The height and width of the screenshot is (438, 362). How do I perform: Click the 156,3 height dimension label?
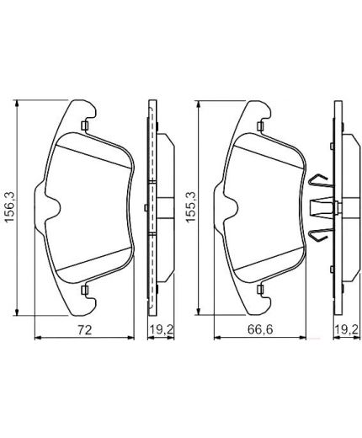pos(10,206)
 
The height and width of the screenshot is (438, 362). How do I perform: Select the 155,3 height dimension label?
pos(191,207)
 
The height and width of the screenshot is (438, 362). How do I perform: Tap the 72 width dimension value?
pos(85,330)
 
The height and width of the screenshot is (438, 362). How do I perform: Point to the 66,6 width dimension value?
pos(260,329)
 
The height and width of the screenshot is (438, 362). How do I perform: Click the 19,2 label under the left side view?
pos(161,329)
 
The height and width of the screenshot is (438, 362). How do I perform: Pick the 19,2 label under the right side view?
pos(346,329)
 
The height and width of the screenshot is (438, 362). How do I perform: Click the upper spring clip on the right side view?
pos(321,181)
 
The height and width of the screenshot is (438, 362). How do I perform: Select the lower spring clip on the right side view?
pos(321,234)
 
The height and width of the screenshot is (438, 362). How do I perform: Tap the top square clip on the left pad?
pos(85,126)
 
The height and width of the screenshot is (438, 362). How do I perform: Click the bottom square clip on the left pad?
pos(85,290)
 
